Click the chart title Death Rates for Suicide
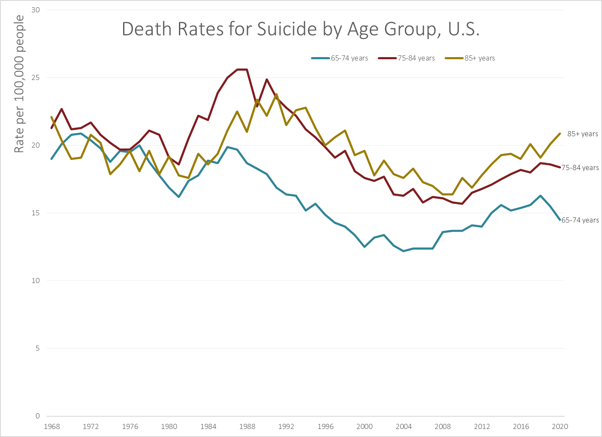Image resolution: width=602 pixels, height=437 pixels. pyautogui.click(x=300, y=29)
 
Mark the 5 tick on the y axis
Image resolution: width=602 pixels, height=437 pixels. pyautogui.click(x=37, y=348)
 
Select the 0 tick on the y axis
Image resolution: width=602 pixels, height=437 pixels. pyautogui.click(x=37, y=416)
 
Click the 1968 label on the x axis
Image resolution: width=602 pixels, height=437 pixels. pyautogui.click(x=52, y=426)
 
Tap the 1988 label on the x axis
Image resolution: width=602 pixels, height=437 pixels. pyautogui.click(x=247, y=426)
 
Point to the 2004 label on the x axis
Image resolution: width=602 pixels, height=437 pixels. pyautogui.click(x=404, y=426)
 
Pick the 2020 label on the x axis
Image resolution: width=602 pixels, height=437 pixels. pyautogui.click(x=560, y=426)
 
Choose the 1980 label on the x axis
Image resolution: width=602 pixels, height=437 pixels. pyautogui.click(x=169, y=426)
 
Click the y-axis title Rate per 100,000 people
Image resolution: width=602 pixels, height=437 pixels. pyautogui.click(x=19, y=84)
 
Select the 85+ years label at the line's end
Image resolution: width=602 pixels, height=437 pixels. pyautogui.click(x=583, y=134)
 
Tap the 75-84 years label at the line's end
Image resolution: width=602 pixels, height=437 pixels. pyautogui.click(x=580, y=168)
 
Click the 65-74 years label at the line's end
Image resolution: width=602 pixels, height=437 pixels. pyautogui.click(x=580, y=220)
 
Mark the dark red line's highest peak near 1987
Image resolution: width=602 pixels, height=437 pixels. pyautogui.click(x=242, y=69)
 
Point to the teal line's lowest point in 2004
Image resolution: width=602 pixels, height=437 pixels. pyautogui.click(x=403, y=251)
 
